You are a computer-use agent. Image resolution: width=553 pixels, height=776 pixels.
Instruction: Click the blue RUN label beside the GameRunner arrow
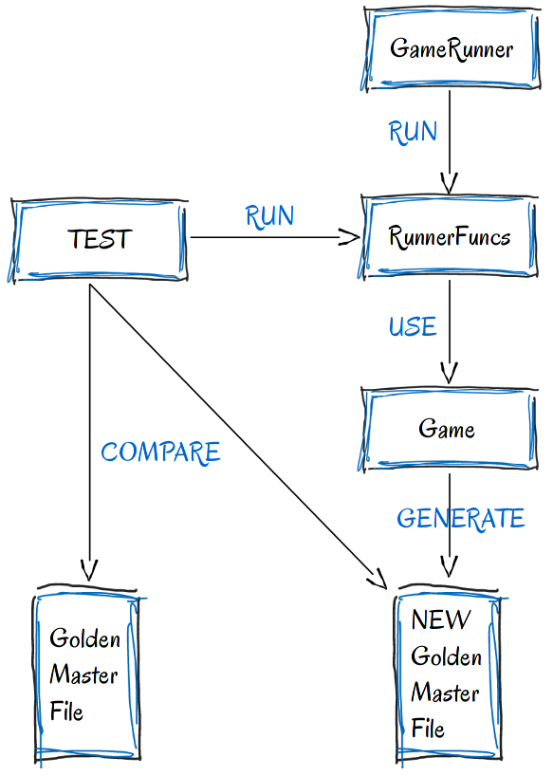pos(413,132)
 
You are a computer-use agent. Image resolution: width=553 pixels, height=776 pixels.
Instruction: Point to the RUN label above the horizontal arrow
pos(269,216)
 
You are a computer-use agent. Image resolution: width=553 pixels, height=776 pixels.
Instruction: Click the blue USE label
pos(413,326)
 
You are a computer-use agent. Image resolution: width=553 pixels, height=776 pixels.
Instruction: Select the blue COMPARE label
pos(160,453)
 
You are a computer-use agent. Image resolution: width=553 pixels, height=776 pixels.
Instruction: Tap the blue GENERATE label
pos(460,519)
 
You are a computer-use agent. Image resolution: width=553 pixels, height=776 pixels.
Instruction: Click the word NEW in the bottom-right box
pos(441,619)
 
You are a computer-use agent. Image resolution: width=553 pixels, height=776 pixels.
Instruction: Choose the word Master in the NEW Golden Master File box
pos(445,693)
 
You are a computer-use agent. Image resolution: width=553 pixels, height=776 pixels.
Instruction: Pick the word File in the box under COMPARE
pos(66,711)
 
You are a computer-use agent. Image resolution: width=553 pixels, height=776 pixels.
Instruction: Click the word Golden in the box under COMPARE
pos(84,637)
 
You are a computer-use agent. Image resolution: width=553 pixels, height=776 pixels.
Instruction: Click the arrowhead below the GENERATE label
pos(449,566)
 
